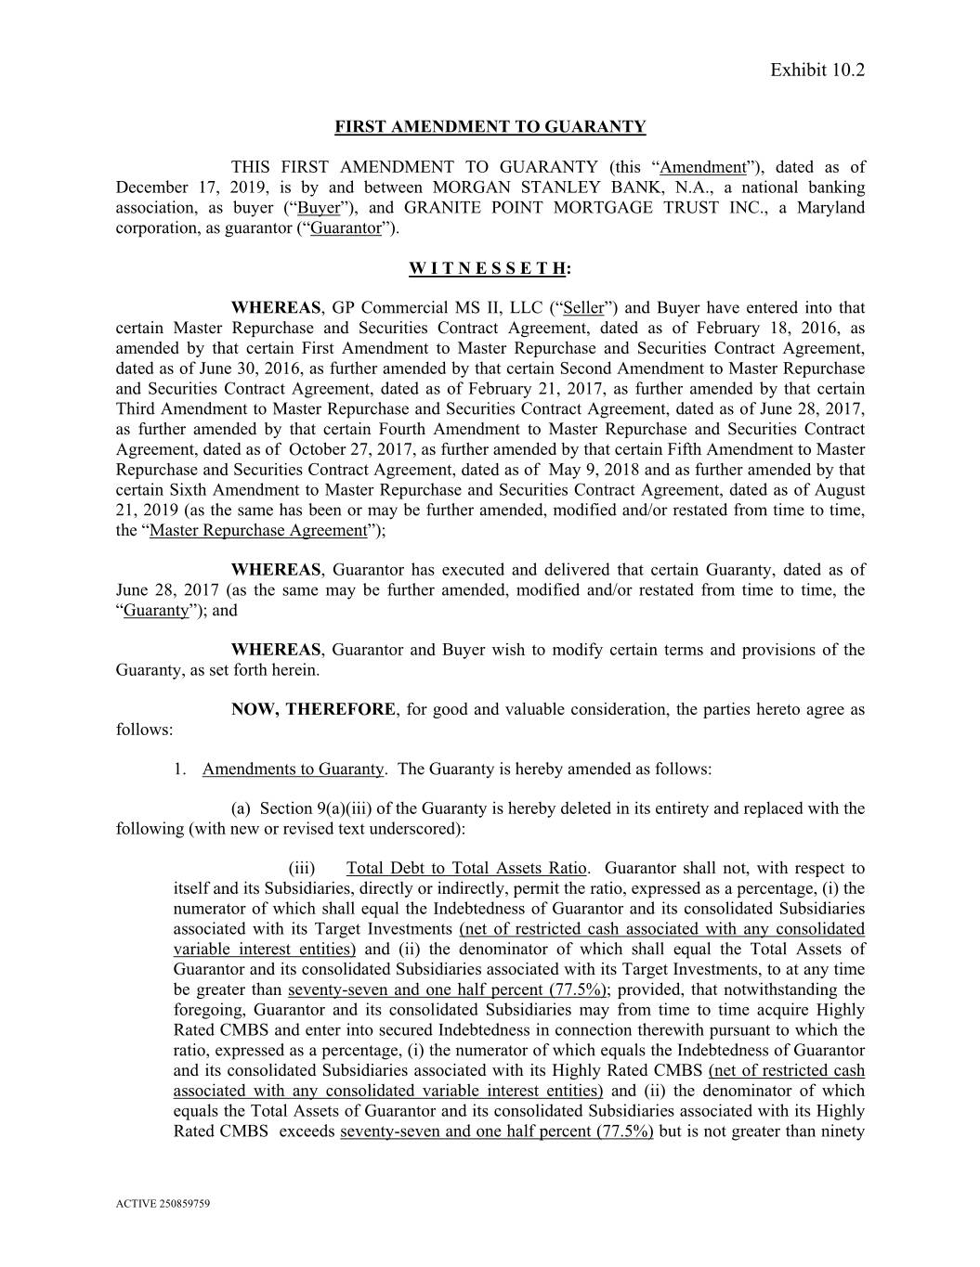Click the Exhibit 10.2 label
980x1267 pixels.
(x=817, y=71)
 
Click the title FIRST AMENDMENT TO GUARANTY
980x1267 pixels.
(x=490, y=127)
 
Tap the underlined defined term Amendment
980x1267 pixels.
(x=703, y=168)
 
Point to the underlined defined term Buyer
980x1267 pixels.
(x=319, y=208)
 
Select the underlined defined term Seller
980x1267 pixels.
(x=583, y=308)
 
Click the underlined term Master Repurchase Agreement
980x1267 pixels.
(x=258, y=531)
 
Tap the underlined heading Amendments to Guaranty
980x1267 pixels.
(x=293, y=769)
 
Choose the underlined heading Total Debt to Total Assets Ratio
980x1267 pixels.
(x=466, y=869)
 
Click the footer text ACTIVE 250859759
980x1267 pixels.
(x=163, y=1204)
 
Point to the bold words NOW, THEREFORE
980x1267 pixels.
(x=313, y=710)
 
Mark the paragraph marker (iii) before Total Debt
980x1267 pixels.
(x=302, y=869)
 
